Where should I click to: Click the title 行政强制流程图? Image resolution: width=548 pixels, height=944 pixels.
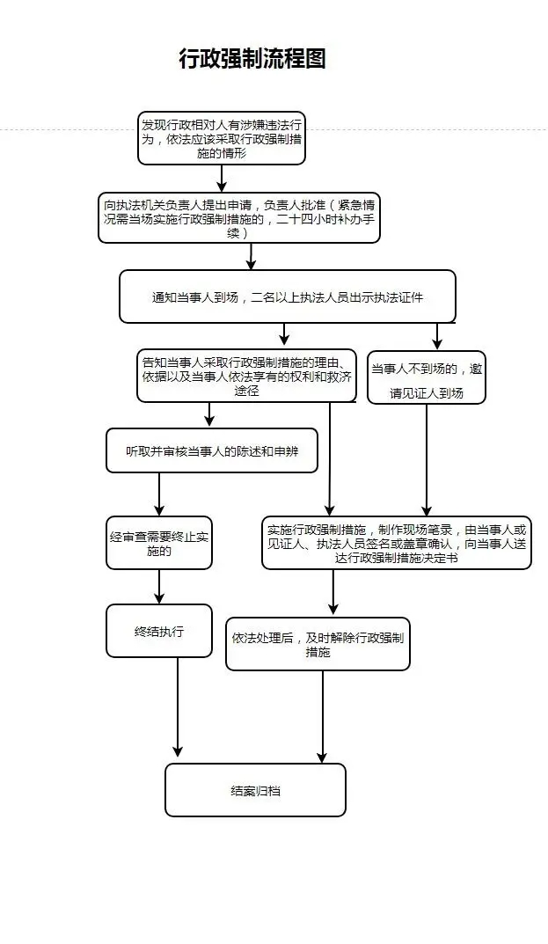pos(252,59)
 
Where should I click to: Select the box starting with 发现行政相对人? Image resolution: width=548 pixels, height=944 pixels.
pos(221,138)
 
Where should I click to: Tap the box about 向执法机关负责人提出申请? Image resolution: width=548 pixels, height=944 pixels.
pos(238,219)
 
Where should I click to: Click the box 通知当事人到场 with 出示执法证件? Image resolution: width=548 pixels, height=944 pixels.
pos(287,296)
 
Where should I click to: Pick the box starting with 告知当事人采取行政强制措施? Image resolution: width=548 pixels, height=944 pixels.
pos(246,376)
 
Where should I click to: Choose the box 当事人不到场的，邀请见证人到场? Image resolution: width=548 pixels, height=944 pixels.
pos(427,377)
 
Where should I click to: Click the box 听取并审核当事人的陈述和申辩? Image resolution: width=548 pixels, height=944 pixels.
pos(211,450)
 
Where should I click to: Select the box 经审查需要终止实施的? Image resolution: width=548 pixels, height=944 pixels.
pos(159,542)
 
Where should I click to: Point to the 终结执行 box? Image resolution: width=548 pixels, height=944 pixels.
pos(159,631)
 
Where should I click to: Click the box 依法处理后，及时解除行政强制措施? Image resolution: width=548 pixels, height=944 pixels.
pos(318,644)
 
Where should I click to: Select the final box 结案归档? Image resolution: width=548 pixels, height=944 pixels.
pos(255,790)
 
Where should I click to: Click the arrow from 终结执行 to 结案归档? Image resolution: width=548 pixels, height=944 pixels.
pos(178,708)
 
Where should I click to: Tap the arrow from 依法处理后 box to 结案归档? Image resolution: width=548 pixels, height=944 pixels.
pos(322,717)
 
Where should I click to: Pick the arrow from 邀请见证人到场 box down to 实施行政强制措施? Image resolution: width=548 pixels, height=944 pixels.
pos(427,459)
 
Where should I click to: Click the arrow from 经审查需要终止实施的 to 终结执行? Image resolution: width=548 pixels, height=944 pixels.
pos(159,586)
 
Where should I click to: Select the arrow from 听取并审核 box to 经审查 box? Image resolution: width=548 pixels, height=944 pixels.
pos(159,494)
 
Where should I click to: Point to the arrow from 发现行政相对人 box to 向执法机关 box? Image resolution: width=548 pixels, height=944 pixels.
pos(222,179)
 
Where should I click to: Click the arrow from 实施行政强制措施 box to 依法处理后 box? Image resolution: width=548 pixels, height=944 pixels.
pos(333,592)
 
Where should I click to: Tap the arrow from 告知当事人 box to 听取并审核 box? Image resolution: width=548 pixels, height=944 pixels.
pos(209,414)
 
